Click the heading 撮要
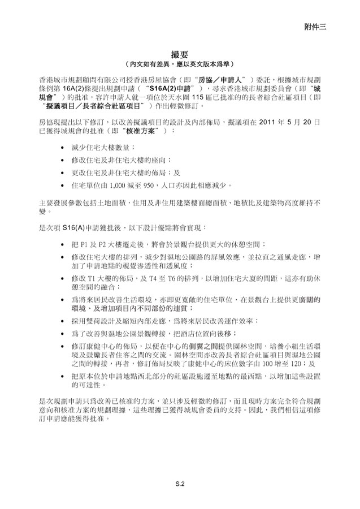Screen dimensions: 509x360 click(x=180, y=54)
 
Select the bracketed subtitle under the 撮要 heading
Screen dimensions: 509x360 click(x=180, y=64)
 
